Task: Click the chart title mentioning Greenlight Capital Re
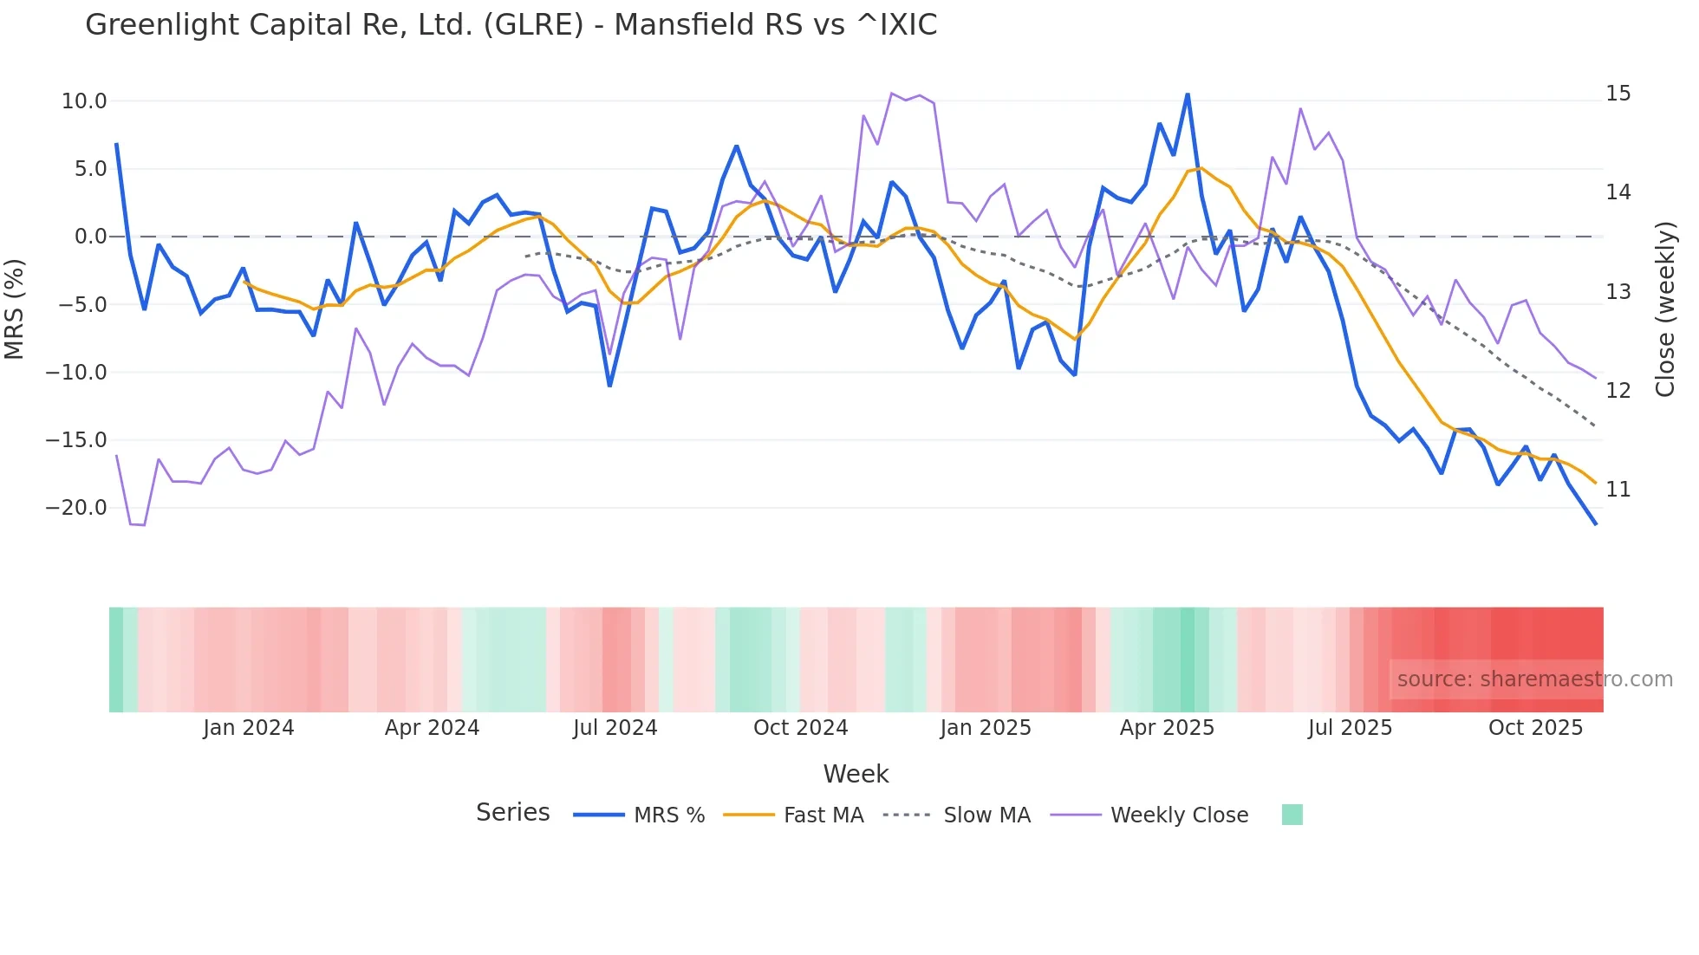coord(511,25)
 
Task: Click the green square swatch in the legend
coord(1292,815)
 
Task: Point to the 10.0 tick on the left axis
coord(84,101)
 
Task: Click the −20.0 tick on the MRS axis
coord(76,508)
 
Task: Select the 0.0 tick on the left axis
coord(90,237)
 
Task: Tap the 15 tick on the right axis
coord(1618,94)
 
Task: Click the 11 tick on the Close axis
coord(1618,490)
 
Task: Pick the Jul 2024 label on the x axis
coord(615,728)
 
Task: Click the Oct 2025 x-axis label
coord(1535,728)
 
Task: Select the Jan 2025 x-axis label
coord(986,728)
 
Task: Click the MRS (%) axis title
coord(15,309)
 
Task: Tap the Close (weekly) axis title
coord(1665,309)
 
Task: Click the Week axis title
coord(856,774)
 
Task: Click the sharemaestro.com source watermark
coord(1534,679)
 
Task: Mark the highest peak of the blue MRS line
coord(1188,94)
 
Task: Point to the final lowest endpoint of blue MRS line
coord(1596,524)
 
